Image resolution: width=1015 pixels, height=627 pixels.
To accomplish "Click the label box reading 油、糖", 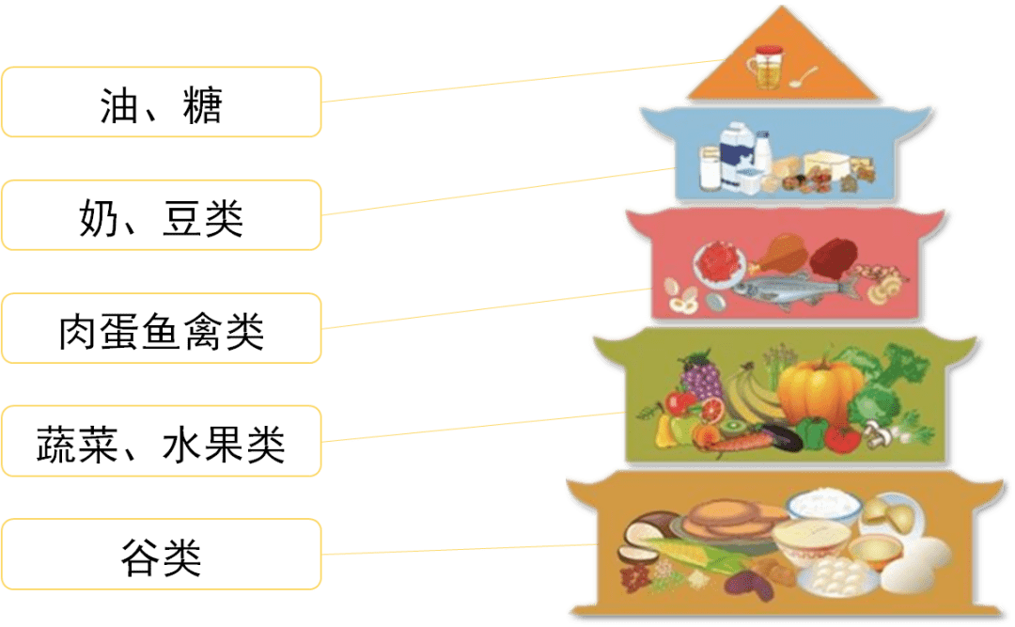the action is pyautogui.click(x=162, y=102).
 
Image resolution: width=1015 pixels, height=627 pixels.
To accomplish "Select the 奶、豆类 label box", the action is pyautogui.click(x=162, y=215).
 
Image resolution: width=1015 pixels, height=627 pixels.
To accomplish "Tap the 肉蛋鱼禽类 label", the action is pyautogui.click(x=162, y=328).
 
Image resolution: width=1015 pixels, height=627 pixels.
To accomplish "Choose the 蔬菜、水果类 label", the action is pyautogui.click(x=162, y=441).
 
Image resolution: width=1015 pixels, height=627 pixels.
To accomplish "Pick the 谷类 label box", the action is pyautogui.click(x=162, y=555).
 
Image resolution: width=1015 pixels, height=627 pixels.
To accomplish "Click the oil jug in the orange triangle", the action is pyautogui.click(x=764, y=68).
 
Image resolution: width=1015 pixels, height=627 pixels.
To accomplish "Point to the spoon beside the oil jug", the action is pyautogui.click(x=803, y=76).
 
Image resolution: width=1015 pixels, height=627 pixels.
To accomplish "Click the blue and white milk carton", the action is pyautogui.click(x=737, y=156).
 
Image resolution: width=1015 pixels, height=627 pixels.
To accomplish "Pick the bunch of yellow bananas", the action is pyautogui.click(x=752, y=395).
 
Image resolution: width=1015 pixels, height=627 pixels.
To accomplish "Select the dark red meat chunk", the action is pyautogui.click(x=833, y=258).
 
